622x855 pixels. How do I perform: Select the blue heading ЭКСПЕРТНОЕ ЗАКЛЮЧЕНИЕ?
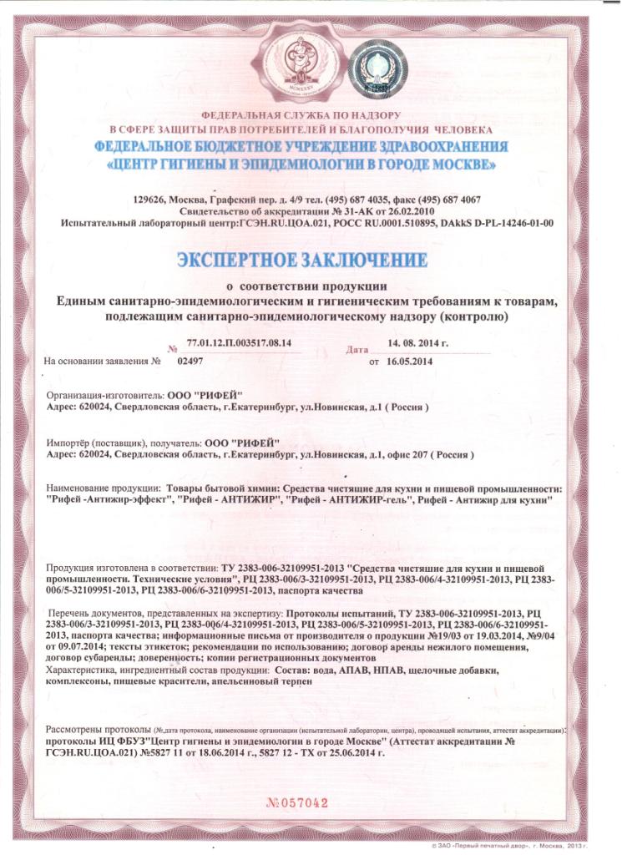(303, 260)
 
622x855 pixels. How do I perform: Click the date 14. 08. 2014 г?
(418, 343)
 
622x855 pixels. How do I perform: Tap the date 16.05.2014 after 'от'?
(407, 362)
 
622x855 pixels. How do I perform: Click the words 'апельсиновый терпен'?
(259, 682)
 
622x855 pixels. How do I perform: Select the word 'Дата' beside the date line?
(357, 348)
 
